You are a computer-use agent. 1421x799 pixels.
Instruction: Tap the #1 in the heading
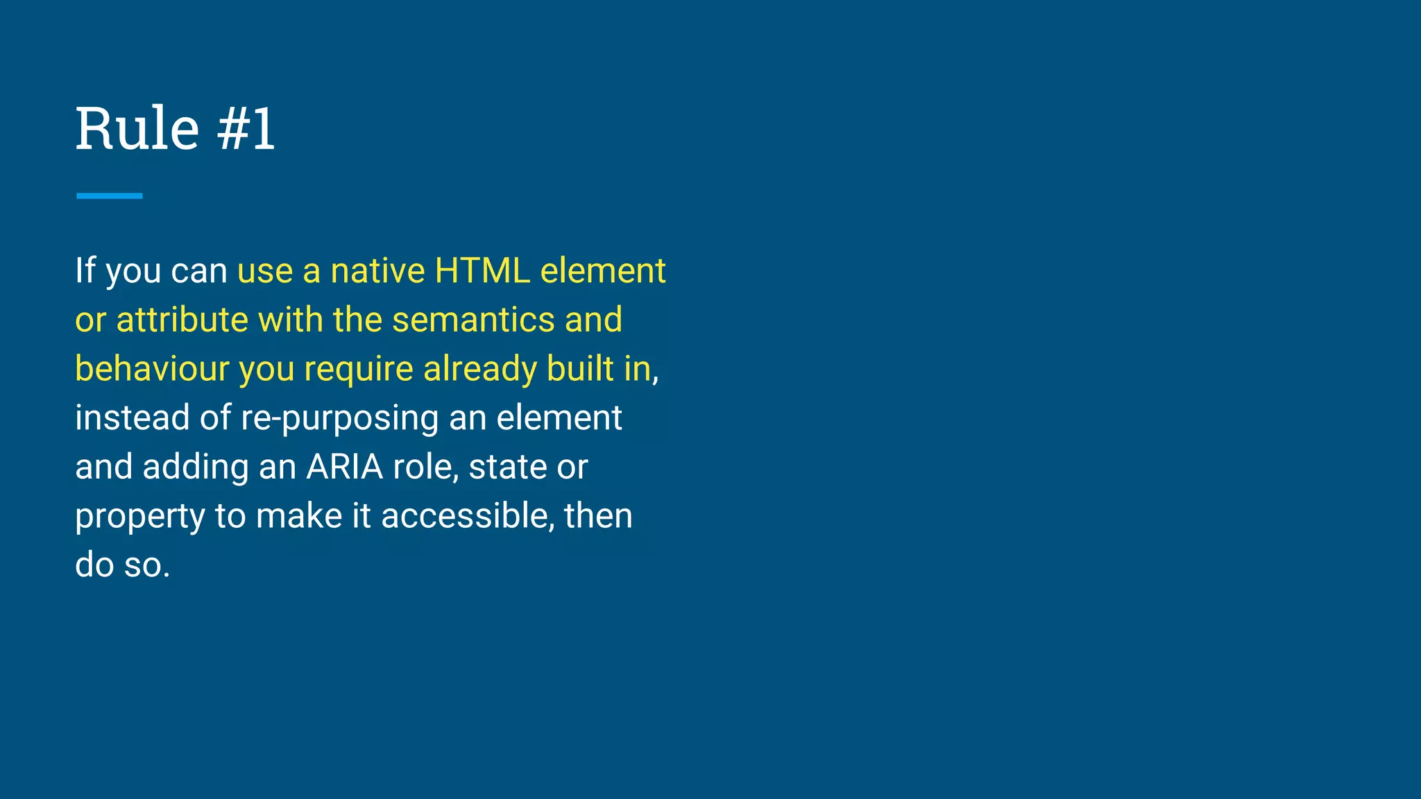pos(246,129)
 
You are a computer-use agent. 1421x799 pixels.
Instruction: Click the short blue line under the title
pos(109,196)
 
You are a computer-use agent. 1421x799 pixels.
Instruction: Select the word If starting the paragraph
pos(85,270)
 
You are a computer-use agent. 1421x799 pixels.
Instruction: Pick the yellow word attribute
pos(182,320)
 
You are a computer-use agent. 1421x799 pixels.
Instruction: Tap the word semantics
pos(473,320)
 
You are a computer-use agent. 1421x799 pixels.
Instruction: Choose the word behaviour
pos(152,369)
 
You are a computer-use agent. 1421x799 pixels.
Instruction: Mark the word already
pos(480,369)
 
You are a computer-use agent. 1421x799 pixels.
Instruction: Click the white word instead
pos(132,418)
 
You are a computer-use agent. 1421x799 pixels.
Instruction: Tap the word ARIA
pos(345,467)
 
